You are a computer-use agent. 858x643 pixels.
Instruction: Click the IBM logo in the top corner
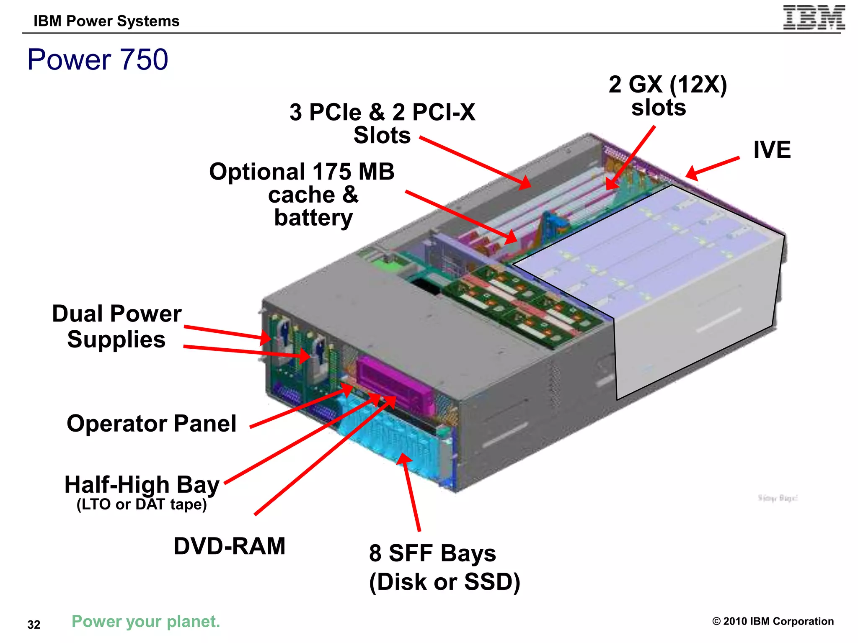(x=814, y=18)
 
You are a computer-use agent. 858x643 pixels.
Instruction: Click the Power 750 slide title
(x=98, y=59)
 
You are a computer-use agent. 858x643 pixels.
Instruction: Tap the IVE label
(x=772, y=150)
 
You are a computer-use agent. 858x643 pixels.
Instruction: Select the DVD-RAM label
(x=229, y=546)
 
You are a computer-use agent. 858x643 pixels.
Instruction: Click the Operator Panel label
(x=152, y=424)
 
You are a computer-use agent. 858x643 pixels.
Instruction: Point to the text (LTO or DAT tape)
(x=142, y=504)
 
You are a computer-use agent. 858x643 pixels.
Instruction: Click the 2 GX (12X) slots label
(x=667, y=95)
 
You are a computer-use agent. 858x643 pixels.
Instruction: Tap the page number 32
(x=34, y=625)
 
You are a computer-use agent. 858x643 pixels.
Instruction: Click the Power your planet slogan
(x=146, y=621)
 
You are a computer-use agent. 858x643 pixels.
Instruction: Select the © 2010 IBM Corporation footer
(x=773, y=621)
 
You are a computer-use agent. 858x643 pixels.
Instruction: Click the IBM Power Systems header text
(x=106, y=21)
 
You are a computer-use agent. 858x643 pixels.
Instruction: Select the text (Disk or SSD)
(x=445, y=582)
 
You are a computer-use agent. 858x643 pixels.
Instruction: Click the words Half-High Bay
(x=142, y=485)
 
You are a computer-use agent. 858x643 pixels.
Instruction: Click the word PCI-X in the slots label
(x=444, y=112)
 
